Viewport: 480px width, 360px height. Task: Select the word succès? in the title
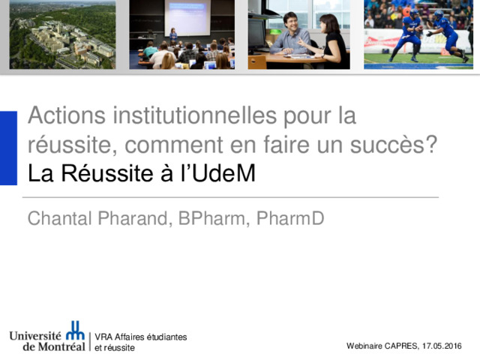coord(393,144)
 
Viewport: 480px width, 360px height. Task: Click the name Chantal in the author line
coord(60,218)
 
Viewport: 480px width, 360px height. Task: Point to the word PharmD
coord(290,218)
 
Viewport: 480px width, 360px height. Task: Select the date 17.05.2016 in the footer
coord(442,346)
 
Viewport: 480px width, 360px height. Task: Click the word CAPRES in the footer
coord(401,346)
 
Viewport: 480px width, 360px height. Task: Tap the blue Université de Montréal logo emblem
coord(75,330)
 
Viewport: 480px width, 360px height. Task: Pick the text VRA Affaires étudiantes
coord(141,337)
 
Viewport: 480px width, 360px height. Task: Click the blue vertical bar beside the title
coord(8,148)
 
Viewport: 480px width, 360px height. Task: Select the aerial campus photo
coord(63,34)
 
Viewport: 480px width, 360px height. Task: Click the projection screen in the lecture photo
coord(187,17)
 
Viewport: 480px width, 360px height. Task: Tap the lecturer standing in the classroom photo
coord(173,35)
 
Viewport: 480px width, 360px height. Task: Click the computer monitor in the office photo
coord(256,34)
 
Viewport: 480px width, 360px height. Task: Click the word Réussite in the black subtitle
coord(107,173)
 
